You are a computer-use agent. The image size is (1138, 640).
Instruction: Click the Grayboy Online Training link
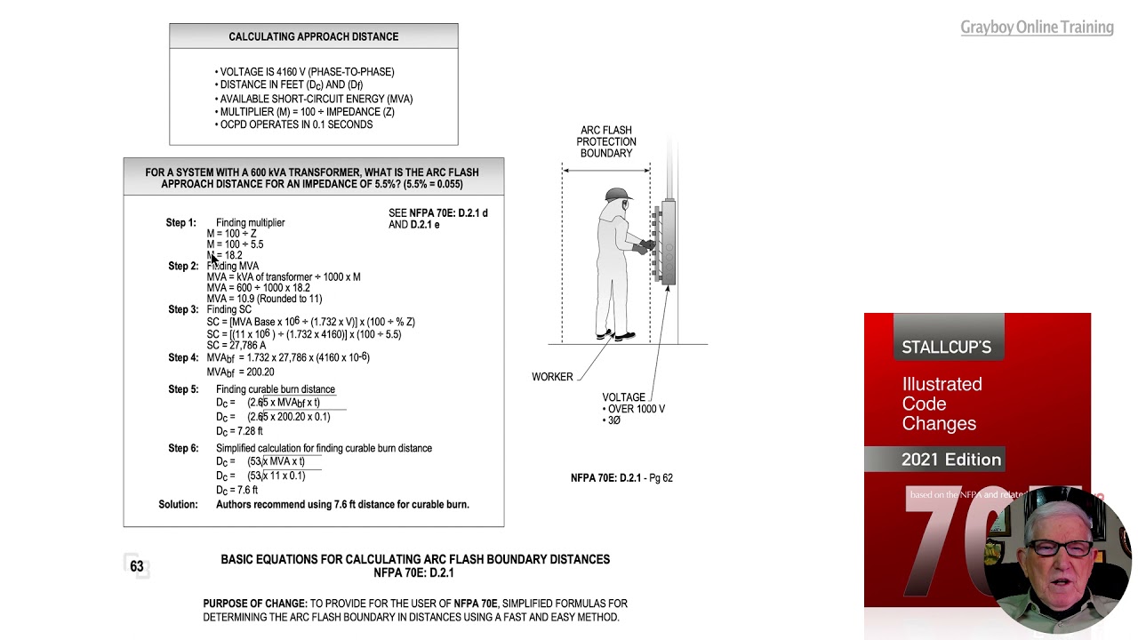pos(1037,28)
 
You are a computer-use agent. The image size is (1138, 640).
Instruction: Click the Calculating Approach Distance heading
pos(313,36)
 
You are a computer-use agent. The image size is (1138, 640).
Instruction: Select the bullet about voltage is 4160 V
pos(306,72)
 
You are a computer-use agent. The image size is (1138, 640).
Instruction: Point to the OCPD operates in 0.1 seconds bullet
pos(295,124)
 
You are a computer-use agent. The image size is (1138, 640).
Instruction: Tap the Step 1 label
pos(180,223)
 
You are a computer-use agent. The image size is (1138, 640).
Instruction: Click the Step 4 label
pos(183,358)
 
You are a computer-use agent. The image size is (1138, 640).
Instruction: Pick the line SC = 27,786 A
pos(236,345)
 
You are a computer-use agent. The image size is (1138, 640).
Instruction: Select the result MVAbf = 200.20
pos(240,372)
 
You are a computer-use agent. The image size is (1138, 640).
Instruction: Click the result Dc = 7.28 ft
pos(239,431)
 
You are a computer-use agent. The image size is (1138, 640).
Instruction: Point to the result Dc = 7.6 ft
pos(236,490)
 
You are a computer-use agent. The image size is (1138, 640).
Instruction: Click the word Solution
pos(178,505)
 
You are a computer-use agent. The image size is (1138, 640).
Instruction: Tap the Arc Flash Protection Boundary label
pos(606,142)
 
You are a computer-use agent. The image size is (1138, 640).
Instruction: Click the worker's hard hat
pos(615,195)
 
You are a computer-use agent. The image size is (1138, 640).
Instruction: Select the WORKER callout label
pos(552,377)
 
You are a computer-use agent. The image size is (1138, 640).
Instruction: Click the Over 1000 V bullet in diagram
pos(635,410)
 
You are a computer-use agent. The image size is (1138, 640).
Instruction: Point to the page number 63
pos(136,566)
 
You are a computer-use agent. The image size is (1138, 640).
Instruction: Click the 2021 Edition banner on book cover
pos(950,460)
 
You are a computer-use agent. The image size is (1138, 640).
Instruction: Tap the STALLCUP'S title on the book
pos(946,348)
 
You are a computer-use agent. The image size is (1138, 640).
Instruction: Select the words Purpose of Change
pos(255,604)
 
